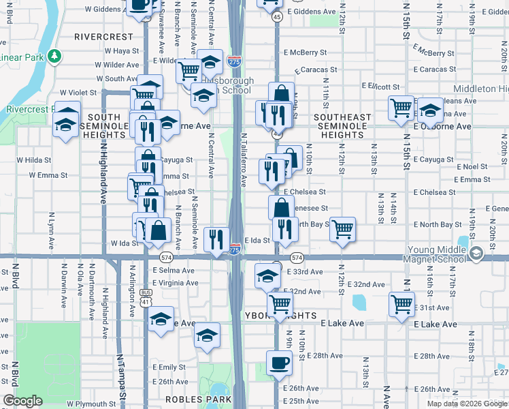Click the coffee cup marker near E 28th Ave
point(278,363)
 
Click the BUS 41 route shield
point(146,299)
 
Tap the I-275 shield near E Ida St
point(234,250)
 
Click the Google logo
point(22,401)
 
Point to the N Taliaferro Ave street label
point(244,160)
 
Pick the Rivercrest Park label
point(29,109)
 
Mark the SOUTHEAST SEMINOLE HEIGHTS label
point(343,126)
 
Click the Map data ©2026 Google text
point(467,404)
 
